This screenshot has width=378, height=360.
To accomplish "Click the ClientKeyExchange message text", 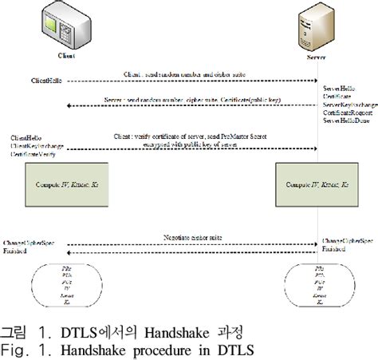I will (37, 148).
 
